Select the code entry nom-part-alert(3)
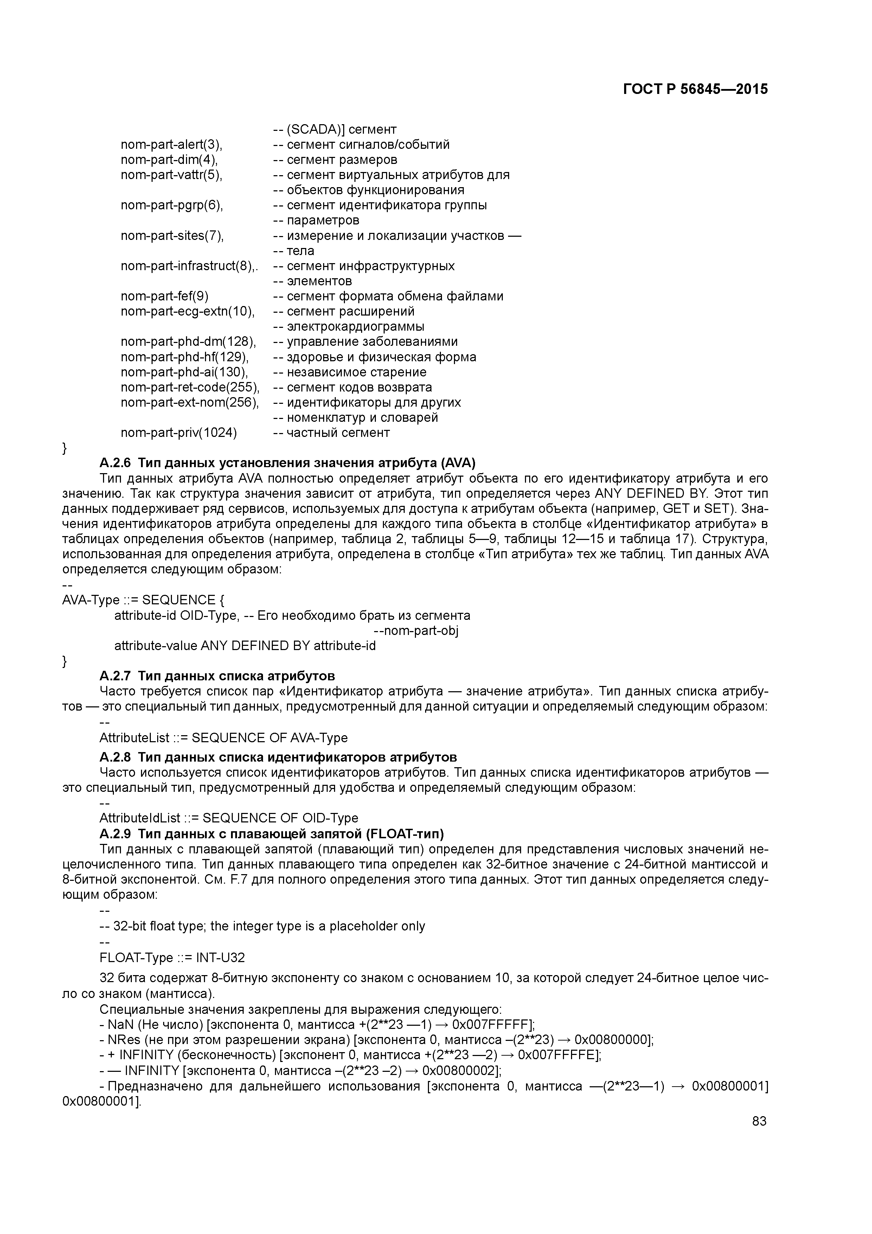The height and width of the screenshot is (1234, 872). [x=171, y=145]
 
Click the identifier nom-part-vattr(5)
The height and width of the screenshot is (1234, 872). [x=171, y=175]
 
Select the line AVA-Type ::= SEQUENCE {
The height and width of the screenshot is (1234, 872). [x=139, y=600]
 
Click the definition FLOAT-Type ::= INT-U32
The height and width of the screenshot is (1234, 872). [x=172, y=958]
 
